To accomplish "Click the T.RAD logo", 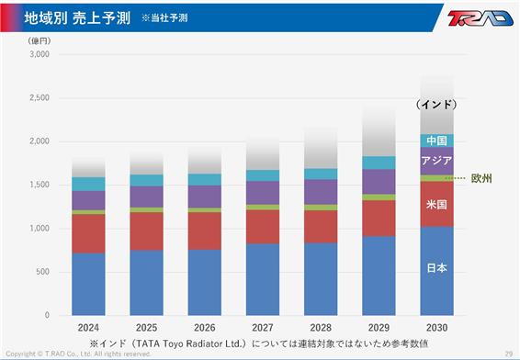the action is pos(480,17).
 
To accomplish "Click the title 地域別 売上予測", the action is pos(77,17).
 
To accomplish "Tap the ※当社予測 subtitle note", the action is pos(164,17).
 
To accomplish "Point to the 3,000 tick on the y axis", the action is pos(40,54).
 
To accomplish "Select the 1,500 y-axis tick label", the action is pos(40,185).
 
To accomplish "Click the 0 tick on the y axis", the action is pos(47,315).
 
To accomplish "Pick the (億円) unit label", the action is pos(40,40).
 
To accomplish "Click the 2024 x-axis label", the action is pos(88,328).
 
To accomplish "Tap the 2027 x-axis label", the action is pos(263,328).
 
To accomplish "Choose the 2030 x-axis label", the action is pos(436,328).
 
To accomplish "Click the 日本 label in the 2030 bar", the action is pos(436,267).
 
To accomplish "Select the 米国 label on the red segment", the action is pos(436,204).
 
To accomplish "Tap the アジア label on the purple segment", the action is pos(436,161).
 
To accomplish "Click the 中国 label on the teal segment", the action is pos(436,141).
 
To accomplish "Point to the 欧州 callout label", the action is pos(481,178).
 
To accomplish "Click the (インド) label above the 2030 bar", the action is pos(436,105).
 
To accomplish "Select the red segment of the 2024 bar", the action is pos(88,233).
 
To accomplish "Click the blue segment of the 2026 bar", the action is pos(205,283).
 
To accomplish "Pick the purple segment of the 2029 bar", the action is pos(379,182).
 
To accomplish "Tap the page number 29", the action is pos(509,354).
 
